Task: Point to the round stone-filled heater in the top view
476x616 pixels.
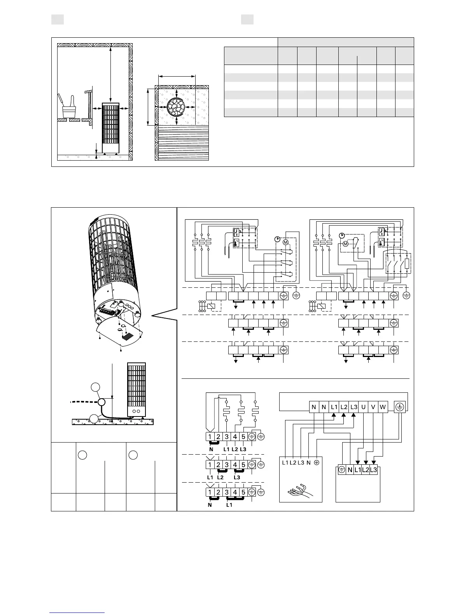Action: pyautogui.click(x=177, y=107)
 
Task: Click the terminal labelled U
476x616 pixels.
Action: pyautogui.click(x=363, y=407)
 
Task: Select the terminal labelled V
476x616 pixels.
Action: pyautogui.click(x=373, y=407)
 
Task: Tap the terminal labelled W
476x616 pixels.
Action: pyautogui.click(x=383, y=407)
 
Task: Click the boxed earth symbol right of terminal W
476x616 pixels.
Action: pyautogui.click(x=400, y=407)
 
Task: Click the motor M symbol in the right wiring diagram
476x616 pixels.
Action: pyautogui.click(x=345, y=244)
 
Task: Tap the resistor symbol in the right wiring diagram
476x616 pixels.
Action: pyautogui.click(x=407, y=264)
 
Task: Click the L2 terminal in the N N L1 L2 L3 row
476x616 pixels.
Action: pyautogui.click(x=343, y=407)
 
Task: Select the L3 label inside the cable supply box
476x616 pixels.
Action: pyautogui.click(x=301, y=463)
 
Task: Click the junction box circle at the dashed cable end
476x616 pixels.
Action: pyautogui.click(x=102, y=402)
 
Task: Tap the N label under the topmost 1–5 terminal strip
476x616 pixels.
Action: pyautogui.click(x=211, y=449)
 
